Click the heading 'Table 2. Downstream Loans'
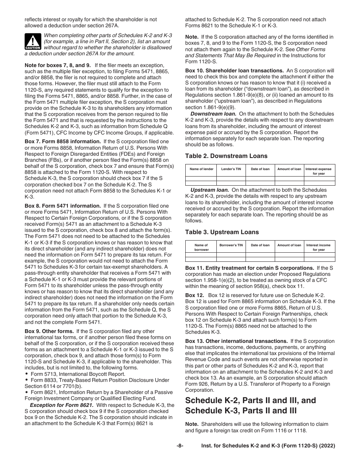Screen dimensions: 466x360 [226, 156]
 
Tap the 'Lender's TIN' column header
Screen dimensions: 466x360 [231, 169]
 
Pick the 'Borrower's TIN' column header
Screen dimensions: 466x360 [231, 245]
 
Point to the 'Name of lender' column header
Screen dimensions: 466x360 [201, 169]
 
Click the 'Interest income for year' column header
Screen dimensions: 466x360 [318, 247]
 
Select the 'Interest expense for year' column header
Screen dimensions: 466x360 [318, 171]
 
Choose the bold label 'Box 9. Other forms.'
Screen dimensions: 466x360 [50, 331]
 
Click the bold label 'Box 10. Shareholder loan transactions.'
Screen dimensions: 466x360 [235, 70]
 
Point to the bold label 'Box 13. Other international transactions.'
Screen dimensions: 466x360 [236, 341]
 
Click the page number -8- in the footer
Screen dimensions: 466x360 [180, 446]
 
